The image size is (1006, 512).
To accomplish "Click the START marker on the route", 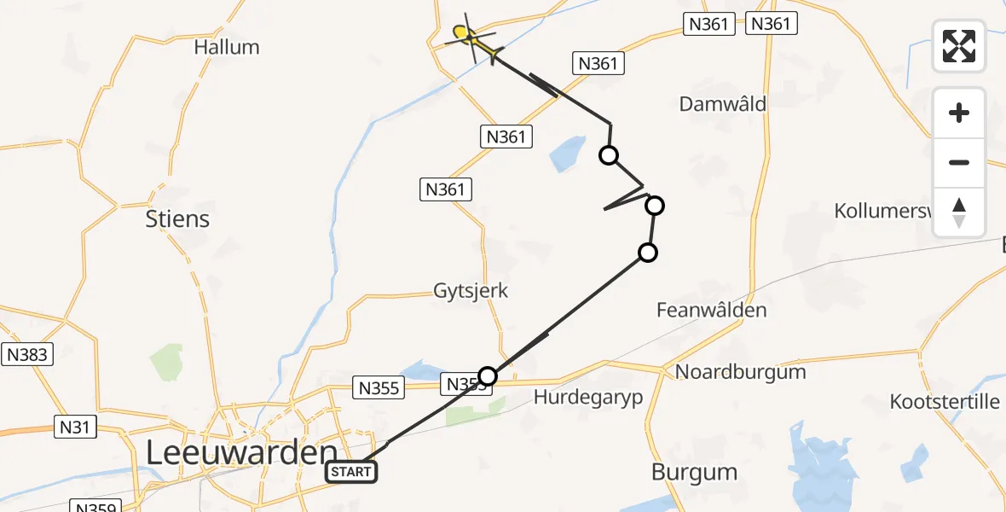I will [x=351, y=472].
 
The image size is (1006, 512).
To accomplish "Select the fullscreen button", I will [x=959, y=45].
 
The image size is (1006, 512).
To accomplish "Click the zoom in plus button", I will [x=959, y=113].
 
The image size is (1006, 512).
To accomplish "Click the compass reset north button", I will [x=959, y=212].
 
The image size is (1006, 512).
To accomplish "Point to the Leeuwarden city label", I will [x=241, y=453].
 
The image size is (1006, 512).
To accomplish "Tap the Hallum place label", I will [x=227, y=47].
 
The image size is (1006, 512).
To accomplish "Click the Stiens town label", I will [x=177, y=219].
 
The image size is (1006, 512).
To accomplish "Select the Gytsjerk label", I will [x=471, y=291].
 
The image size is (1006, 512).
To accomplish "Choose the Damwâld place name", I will [x=723, y=104].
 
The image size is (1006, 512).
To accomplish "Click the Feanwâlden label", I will [x=711, y=311].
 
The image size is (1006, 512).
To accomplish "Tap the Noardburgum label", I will [x=740, y=372].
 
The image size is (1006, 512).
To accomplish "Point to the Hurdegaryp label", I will [x=588, y=397].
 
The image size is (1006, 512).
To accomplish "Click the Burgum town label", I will [x=694, y=472].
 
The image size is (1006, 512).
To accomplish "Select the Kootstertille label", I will [x=945, y=401].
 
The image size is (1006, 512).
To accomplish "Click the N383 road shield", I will [x=27, y=355].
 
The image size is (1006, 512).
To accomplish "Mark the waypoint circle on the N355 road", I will [x=487, y=375].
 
